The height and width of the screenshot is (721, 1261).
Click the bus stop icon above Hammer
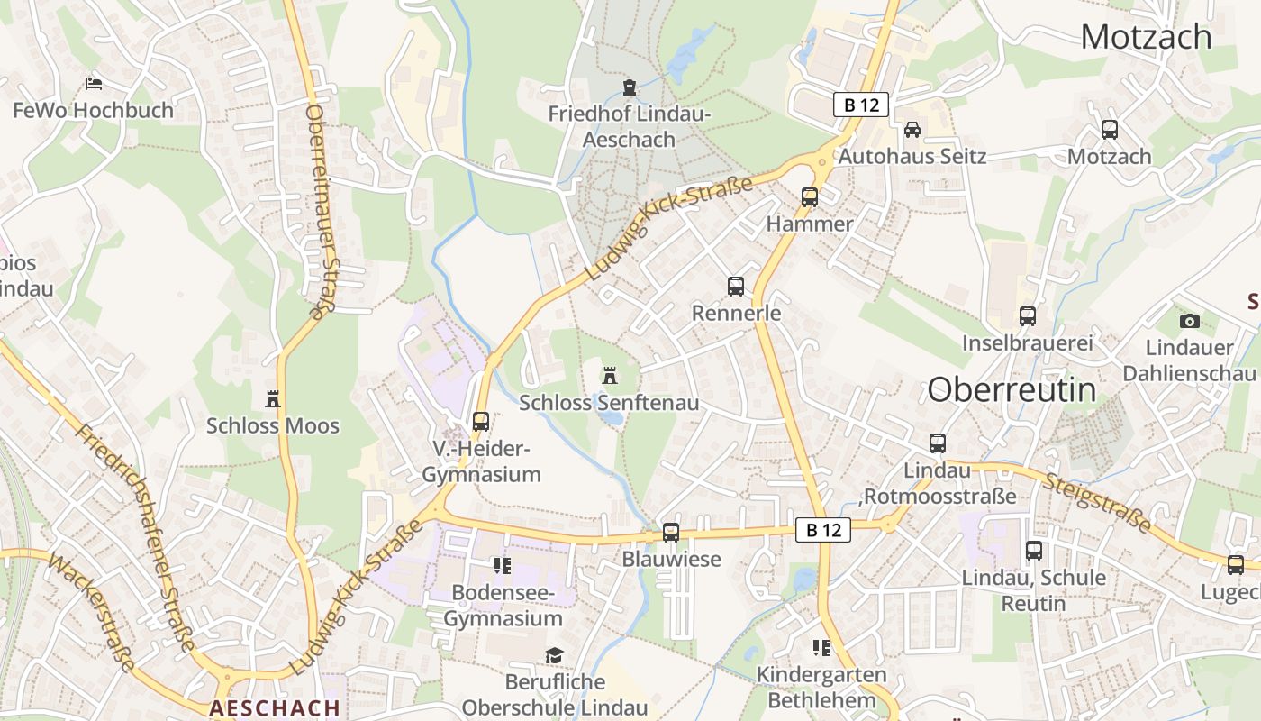(x=809, y=196)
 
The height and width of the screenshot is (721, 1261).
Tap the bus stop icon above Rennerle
(x=736, y=287)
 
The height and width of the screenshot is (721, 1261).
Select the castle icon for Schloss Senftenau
(x=610, y=375)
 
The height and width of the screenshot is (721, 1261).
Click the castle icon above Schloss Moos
(x=273, y=398)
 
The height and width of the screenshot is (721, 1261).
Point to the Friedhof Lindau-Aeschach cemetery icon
(x=629, y=87)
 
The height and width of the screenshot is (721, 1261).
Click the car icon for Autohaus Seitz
(x=912, y=129)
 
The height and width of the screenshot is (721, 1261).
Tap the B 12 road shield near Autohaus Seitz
(x=861, y=105)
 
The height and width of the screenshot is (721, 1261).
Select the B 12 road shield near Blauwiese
(x=823, y=530)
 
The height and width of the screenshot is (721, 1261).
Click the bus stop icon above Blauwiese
(x=671, y=532)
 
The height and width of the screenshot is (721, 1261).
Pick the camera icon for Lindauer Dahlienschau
(x=1189, y=321)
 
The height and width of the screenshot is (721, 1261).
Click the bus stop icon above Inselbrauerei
(x=1028, y=316)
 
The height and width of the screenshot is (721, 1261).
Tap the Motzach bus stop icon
(x=1110, y=130)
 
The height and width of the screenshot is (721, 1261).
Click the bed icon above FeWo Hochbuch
(x=94, y=84)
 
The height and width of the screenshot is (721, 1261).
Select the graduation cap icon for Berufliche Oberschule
(x=554, y=655)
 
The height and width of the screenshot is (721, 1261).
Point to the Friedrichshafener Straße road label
(x=135, y=536)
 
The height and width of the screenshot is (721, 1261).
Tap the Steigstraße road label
(x=1099, y=500)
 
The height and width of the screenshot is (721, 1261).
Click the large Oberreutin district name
(x=1012, y=389)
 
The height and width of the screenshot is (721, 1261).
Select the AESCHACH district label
(x=275, y=708)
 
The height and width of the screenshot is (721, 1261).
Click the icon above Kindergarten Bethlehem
(x=821, y=647)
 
